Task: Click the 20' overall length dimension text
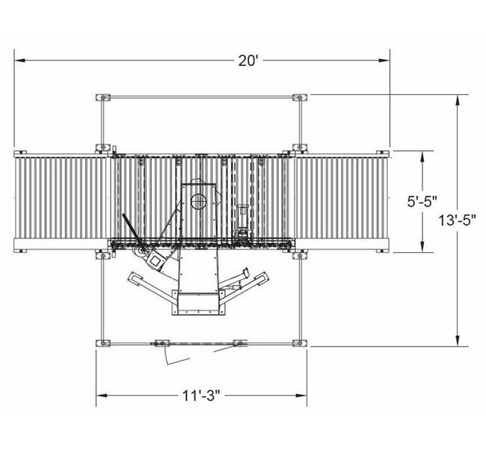[x=248, y=61]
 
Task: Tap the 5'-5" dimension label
[x=422, y=202]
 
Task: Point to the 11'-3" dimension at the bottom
[x=202, y=395]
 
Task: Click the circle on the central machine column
[x=199, y=200]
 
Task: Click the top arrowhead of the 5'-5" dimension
[x=422, y=156]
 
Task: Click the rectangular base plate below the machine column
[x=198, y=303]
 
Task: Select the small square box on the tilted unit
[x=157, y=261]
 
